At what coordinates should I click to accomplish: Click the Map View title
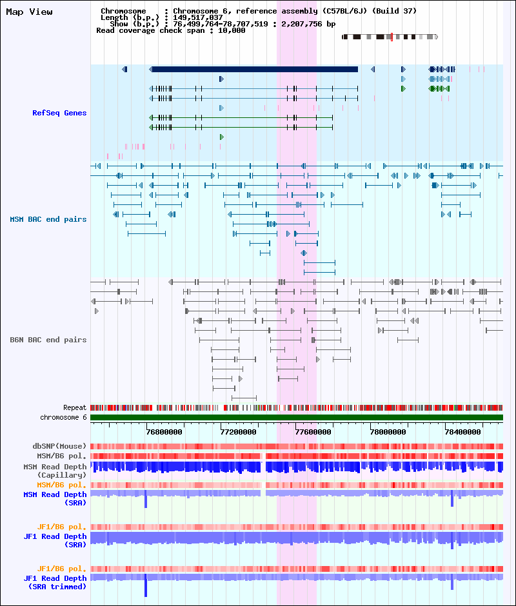click(x=30, y=12)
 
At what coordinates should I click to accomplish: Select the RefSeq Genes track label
click(x=59, y=113)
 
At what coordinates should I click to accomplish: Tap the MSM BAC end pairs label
click(x=48, y=219)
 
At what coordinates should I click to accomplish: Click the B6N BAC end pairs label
click(x=48, y=340)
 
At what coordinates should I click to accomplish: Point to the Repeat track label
click(x=75, y=407)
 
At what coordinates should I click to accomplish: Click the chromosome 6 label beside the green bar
click(x=63, y=417)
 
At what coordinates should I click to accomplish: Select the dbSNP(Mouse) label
click(x=59, y=446)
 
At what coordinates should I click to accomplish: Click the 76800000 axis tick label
click(x=164, y=432)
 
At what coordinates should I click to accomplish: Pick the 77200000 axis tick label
click(x=238, y=432)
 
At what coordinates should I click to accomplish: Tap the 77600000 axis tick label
click(x=313, y=432)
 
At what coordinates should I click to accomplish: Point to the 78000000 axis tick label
click(x=388, y=432)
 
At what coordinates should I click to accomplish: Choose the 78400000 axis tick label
click(x=463, y=432)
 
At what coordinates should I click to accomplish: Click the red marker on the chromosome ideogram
click(x=392, y=37)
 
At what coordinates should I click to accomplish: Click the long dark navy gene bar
click(x=253, y=69)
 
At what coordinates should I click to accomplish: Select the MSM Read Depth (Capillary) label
click(x=55, y=471)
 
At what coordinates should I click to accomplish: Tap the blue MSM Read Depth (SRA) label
click(x=55, y=498)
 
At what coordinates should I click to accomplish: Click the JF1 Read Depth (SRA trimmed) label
click(x=55, y=582)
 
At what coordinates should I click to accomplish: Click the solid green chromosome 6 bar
click(x=297, y=417)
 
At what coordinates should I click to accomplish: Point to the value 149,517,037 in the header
click(x=197, y=17)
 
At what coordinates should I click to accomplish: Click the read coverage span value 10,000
click(x=232, y=30)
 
